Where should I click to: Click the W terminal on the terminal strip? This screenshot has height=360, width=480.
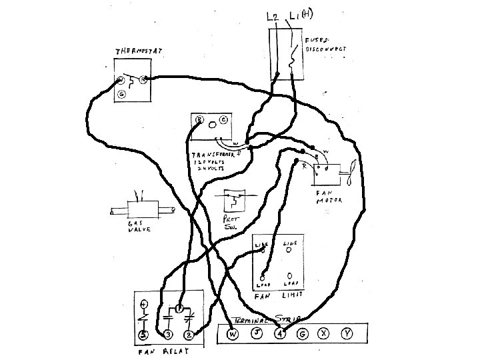point(233,334)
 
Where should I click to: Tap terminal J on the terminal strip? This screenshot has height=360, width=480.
point(256,334)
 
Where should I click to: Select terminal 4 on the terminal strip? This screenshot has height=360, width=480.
point(280,334)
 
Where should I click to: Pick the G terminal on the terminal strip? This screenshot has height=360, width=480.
point(303,334)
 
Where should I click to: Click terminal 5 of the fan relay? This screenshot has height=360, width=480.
point(143,335)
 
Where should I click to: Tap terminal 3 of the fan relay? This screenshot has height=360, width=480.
point(167,335)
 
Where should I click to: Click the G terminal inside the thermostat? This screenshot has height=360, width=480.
point(122,95)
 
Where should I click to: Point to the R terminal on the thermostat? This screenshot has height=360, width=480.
point(143,80)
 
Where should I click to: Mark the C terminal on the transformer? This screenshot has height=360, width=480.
point(223,120)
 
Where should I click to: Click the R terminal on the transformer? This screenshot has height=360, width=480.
point(199,120)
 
